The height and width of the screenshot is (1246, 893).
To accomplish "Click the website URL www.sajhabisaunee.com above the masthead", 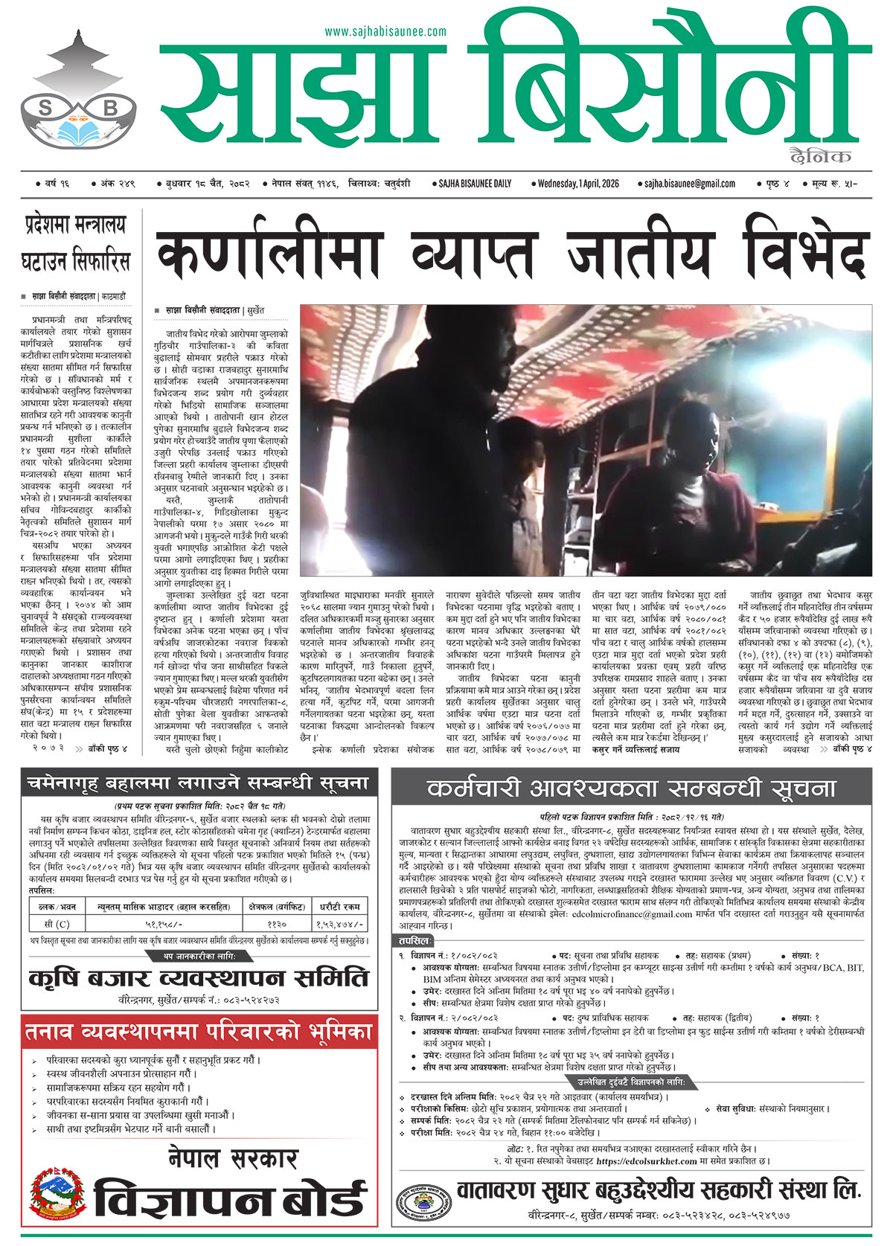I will click(385, 31).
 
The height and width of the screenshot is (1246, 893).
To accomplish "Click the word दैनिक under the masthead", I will click(822, 157).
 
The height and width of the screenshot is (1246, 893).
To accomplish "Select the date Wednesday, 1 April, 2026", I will click(577, 184).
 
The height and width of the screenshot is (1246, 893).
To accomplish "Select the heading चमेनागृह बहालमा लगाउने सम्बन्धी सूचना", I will click(198, 783).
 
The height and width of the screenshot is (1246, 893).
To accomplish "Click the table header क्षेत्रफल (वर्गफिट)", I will click(275, 906).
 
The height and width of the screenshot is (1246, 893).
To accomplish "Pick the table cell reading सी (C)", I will click(57, 924).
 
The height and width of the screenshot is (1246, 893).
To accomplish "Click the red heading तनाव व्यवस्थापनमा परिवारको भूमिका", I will click(198, 1032).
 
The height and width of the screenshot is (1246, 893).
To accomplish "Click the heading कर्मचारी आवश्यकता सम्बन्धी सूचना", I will click(631, 789).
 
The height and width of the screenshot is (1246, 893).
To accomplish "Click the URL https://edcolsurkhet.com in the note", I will click(646, 1160).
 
